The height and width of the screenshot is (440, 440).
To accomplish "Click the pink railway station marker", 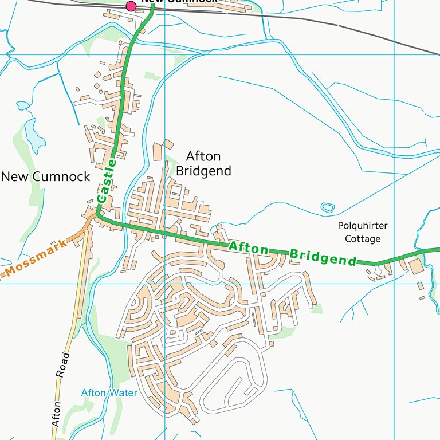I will point(131,6).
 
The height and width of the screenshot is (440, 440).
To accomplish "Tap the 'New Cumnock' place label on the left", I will point(45,176).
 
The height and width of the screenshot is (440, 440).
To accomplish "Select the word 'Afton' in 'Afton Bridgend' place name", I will point(203,156).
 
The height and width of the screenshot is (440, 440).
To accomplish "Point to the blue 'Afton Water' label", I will point(109,393).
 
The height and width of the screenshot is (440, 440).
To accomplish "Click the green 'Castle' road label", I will point(107,181).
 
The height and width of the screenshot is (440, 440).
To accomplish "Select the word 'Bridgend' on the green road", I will point(323,257).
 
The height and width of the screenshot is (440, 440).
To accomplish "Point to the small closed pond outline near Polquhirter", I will point(327,207).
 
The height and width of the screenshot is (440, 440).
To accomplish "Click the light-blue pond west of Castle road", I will point(34,138).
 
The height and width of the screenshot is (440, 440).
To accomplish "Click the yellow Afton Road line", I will point(80,286).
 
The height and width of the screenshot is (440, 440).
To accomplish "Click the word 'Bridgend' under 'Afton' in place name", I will point(203,171).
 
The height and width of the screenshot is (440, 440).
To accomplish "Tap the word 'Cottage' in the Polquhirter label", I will point(363,239).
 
